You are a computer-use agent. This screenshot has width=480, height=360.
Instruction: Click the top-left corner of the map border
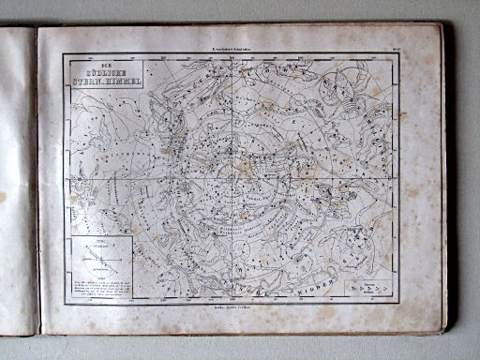pos(64,53)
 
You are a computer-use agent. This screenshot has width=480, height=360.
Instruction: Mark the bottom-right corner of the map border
pos(401,303)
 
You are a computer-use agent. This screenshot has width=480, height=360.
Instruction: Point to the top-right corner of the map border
pos(400,53)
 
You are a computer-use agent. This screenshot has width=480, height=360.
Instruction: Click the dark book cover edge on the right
pos(447,178)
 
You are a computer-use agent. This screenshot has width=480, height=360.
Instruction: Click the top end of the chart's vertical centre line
pos(232,57)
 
